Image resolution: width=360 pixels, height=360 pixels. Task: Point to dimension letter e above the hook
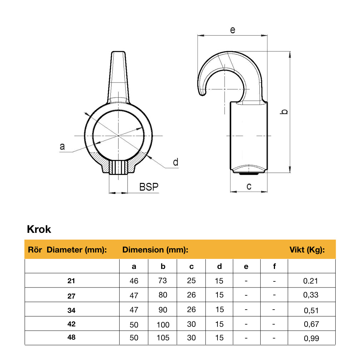click(x=232, y=30)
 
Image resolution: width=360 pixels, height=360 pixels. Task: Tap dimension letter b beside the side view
click(x=284, y=112)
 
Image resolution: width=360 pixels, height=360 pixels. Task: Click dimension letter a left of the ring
click(x=62, y=146)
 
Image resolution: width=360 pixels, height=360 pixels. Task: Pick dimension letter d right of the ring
click(x=175, y=162)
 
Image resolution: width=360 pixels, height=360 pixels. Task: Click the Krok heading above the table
click(x=39, y=229)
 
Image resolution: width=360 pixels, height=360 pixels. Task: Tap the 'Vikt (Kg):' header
click(x=307, y=250)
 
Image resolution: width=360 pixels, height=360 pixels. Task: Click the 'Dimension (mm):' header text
click(x=155, y=250)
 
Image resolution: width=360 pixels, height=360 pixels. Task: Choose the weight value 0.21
click(x=310, y=281)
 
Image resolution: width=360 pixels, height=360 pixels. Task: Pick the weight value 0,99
click(x=311, y=338)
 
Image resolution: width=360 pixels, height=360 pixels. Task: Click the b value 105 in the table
click(x=162, y=338)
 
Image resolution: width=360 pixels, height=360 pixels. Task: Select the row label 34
click(x=71, y=310)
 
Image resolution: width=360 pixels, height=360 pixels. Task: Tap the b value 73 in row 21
click(x=162, y=281)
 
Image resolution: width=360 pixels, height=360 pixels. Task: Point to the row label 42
click(x=71, y=324)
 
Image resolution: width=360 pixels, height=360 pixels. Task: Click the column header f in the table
click(x=274, y=266)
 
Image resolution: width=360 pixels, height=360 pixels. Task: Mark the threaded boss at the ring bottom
click(x=118, y=167)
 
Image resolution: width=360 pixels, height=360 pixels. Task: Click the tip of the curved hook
click(x=202, y=94)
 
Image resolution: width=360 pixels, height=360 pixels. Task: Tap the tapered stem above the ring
click(x=118, y=77)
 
